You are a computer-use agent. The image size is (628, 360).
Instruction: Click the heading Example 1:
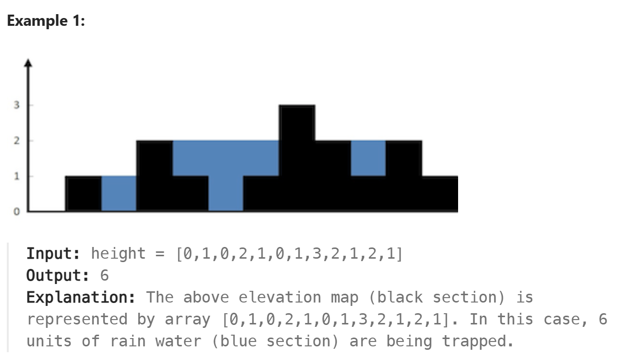click(46, 21)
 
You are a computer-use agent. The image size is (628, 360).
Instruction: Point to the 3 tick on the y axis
click(17, 105)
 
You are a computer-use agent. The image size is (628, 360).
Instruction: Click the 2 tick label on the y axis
click(17, 141)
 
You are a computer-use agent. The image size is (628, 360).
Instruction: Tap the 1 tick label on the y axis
click(17, 176)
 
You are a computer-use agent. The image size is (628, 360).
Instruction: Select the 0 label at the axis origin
click(17, 212)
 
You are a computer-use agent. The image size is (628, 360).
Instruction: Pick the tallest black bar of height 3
click(297, 146)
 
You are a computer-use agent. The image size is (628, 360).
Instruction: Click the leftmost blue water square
click(119, 193)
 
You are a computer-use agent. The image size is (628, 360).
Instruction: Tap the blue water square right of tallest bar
click(368, 158)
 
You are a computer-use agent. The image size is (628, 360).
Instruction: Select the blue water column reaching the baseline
click(225, 193)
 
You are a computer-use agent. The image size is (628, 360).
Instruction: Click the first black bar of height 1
click(83, 193)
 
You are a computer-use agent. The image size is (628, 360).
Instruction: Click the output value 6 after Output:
click(104, 276)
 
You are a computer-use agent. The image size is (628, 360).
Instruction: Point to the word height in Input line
click(118, 254)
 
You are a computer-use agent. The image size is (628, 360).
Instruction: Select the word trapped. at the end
click(478, 341)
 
